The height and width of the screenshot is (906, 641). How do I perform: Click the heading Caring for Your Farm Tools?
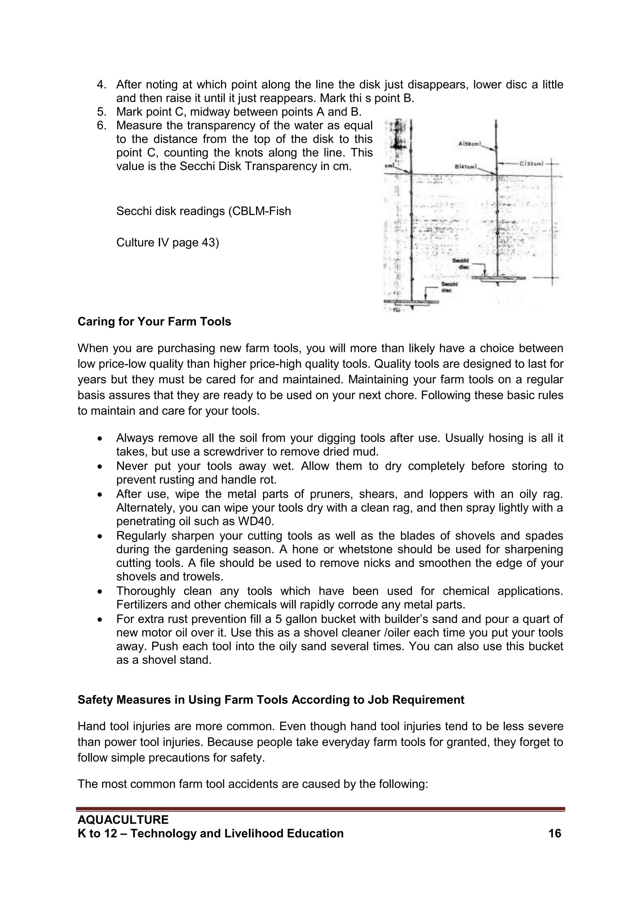click(154, 322)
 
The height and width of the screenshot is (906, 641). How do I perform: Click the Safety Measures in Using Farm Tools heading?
click(271, 700)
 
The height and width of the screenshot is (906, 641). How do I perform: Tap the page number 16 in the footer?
click(555, 833)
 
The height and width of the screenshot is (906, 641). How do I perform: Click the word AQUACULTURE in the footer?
click(123, 820)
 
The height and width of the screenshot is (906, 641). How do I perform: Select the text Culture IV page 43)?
click(167, 242)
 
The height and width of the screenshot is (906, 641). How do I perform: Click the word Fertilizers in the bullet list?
click(142, 604)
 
